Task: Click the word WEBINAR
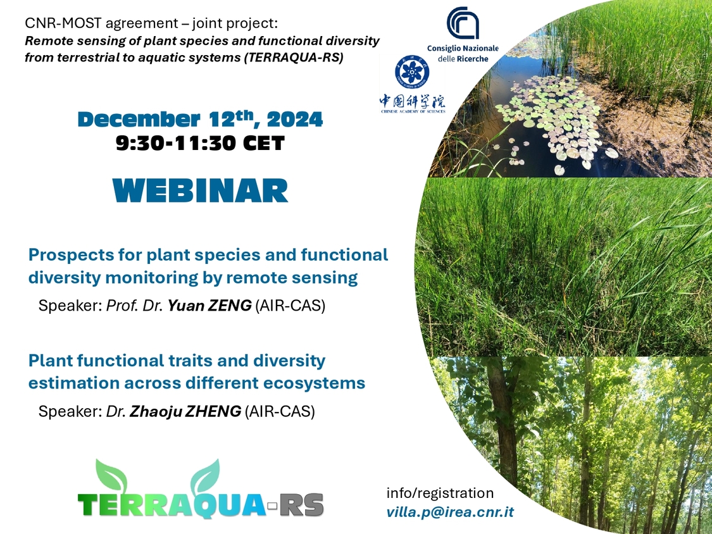[x=200, y=190]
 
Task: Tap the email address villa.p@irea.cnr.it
[x=450, y=512]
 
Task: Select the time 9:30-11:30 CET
[x=200, y=143]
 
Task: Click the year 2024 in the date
[x=295, y=120]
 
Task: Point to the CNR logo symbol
[x=463, y=23]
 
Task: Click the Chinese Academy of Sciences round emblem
[x=412, y=72]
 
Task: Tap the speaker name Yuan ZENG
[x=209, y=306]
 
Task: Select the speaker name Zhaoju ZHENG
[x=185, y=411]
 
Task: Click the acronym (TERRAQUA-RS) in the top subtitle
[x=293, y=58]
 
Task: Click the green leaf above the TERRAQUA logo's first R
[x=111, y=475]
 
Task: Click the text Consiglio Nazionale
[x=463, y=48]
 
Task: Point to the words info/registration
[x=440, y=493]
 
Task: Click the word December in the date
[x=139, y=120]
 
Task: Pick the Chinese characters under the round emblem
[x=412, y=102]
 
